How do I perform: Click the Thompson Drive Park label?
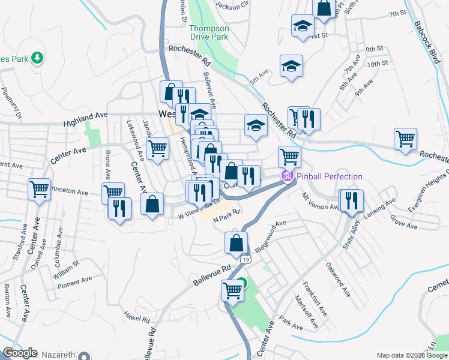(x=208, y=32)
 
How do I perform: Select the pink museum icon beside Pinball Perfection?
(x=287, y=176)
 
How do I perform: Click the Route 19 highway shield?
(x=247, y=259)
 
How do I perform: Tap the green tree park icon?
(x=38, y=58)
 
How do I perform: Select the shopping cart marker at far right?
(x=406, y=139)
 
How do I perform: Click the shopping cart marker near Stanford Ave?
(x=39, y=189)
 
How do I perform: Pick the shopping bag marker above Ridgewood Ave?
(x=237, y=242)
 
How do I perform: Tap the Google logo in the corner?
(x=19, y=353)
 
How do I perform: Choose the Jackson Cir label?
(x=232, y=6)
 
